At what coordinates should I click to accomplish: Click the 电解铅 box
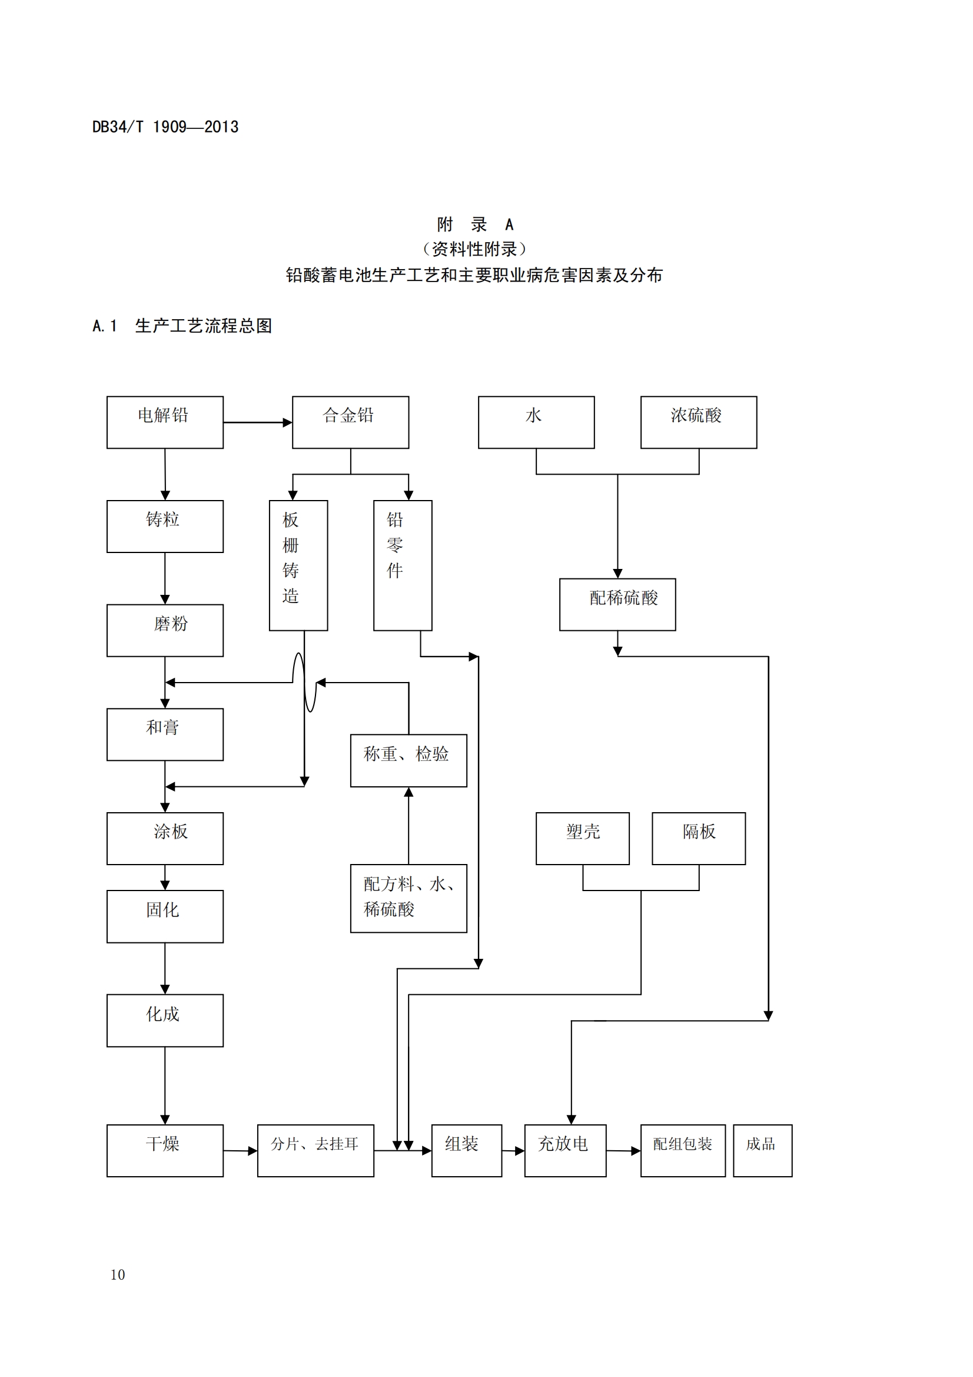click(165, 422)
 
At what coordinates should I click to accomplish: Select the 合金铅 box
click(350, 422)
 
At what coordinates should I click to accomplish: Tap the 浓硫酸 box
click(699, 422)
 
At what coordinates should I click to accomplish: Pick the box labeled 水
click(536, 422)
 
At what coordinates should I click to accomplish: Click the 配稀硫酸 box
click(617, 604)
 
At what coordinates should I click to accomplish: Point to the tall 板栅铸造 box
click(298, 565)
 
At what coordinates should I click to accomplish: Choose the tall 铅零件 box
click(402, 565)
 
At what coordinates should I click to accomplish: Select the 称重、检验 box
click(409, 760)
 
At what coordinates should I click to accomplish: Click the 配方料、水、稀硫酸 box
click(409, 898)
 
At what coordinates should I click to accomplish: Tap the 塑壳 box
click(582, 838)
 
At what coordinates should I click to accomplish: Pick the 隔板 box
click(699, 838)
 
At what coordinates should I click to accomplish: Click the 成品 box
click(762, 1150)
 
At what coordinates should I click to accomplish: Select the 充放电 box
click(564, 1150)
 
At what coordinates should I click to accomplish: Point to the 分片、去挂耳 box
click(316, 1150)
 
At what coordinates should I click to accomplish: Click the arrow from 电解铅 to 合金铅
click(257, 422)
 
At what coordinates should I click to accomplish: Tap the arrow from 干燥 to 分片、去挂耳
click(240, 1150)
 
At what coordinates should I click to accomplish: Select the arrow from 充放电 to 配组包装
click(623, 1150)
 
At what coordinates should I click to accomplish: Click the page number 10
click(118, 1275)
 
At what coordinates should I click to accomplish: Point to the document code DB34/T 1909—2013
click(165, 127)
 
